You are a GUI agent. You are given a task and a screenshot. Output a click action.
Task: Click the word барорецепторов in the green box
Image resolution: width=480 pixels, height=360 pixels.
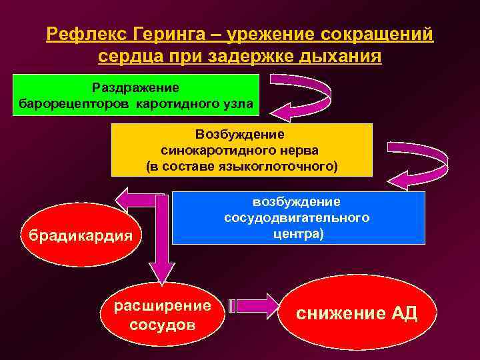click(75, 104)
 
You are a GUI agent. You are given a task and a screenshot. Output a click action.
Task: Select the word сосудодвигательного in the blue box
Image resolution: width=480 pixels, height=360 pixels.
click(297, 218)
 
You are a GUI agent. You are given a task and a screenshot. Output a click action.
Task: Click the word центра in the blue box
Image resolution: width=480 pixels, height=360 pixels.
click(295, 235)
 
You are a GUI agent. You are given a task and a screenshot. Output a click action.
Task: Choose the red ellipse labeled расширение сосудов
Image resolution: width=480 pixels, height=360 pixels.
click(163, 315)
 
